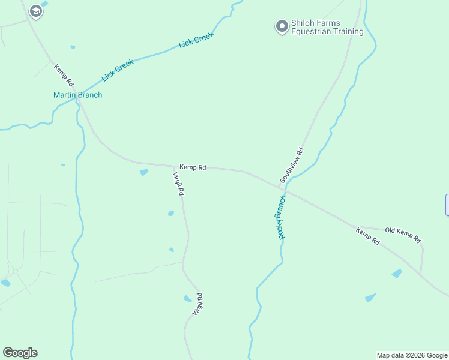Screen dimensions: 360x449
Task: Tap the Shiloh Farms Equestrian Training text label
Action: pos(327,28)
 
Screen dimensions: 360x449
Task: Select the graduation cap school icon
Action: pos(36,11)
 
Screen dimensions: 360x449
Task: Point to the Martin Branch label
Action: pos(77,95)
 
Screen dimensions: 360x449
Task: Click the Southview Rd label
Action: pos(292,165)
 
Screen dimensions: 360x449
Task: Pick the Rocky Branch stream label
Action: pos(281,217)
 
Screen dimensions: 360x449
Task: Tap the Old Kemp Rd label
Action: pos(403,234)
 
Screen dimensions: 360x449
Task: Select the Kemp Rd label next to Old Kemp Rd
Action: pos(367,236)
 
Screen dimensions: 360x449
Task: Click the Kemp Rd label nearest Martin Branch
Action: pos(64,75)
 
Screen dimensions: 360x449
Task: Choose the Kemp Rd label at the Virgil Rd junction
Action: pos(193,167)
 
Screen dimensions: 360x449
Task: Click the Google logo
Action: pos(20,353)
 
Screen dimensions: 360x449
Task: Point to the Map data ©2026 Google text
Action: pos(412,355)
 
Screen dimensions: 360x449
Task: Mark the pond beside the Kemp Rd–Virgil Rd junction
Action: pos(144,173)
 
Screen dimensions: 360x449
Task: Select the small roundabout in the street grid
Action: pos(14,271)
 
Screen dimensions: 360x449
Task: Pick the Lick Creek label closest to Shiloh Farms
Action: pos(196,41)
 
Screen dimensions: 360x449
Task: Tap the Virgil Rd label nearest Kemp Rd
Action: pos(178,184)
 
